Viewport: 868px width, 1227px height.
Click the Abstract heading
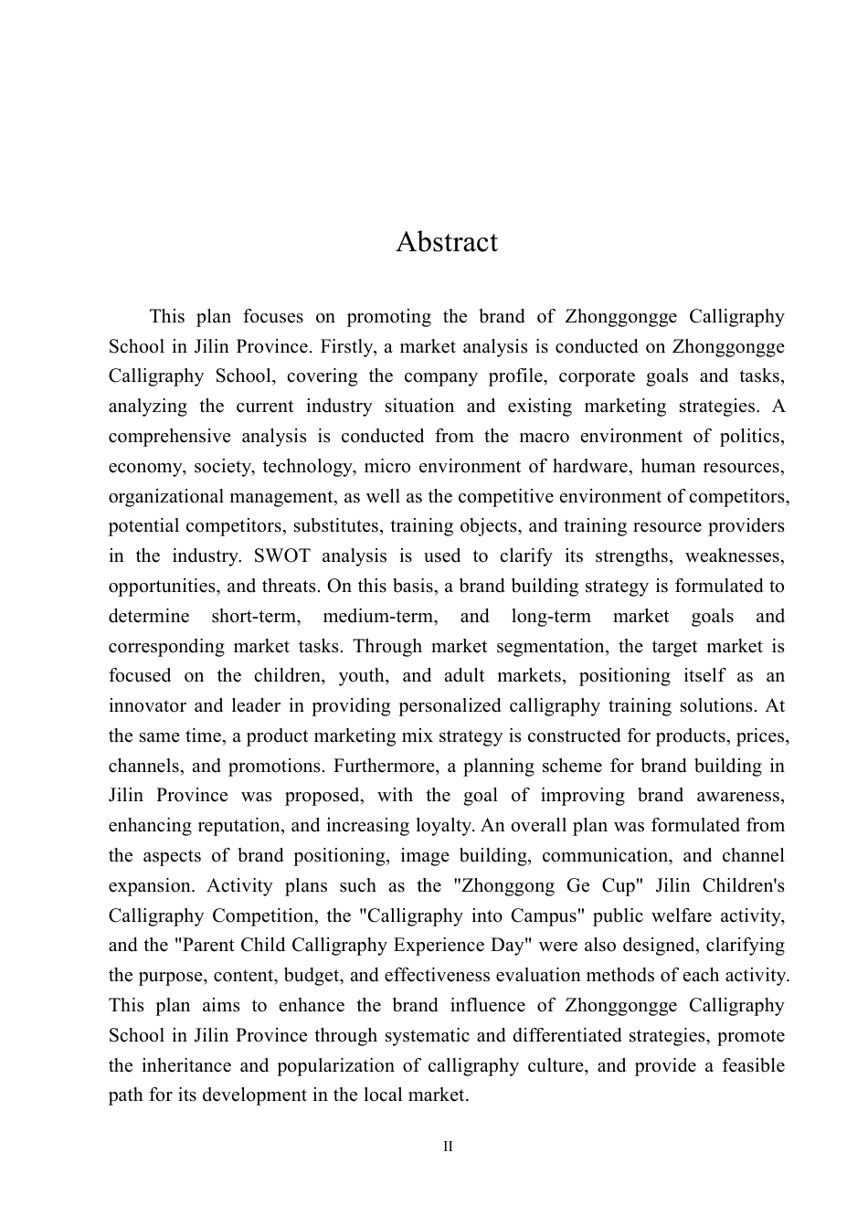point(447,242)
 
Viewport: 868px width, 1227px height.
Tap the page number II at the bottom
point(448,1147)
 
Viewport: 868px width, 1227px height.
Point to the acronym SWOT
point(197,556)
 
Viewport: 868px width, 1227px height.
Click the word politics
point(751,437)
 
